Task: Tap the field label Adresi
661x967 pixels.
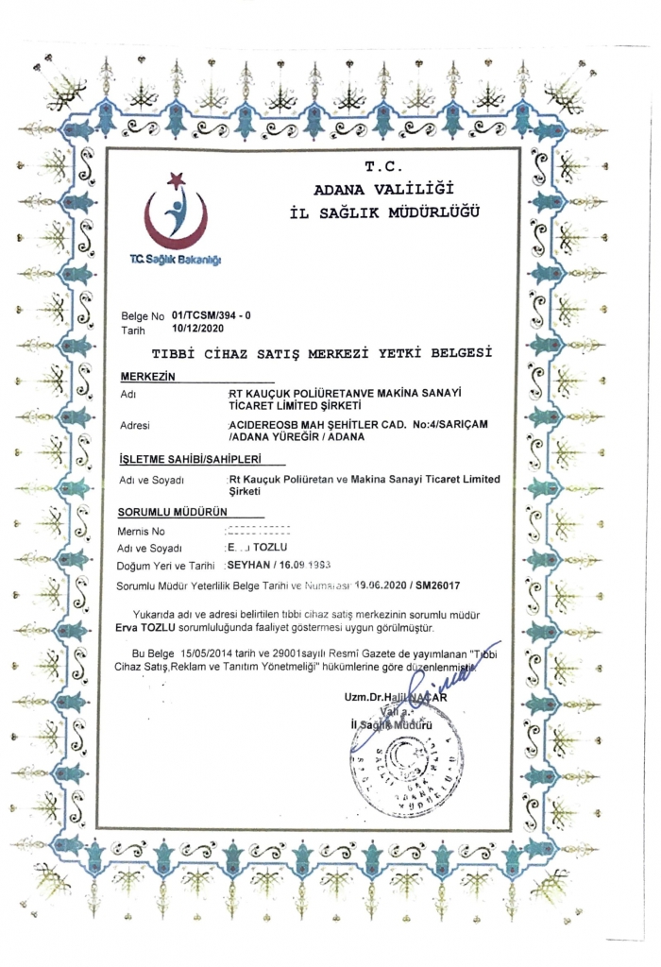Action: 136,426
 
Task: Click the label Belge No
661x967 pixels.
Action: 143,315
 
